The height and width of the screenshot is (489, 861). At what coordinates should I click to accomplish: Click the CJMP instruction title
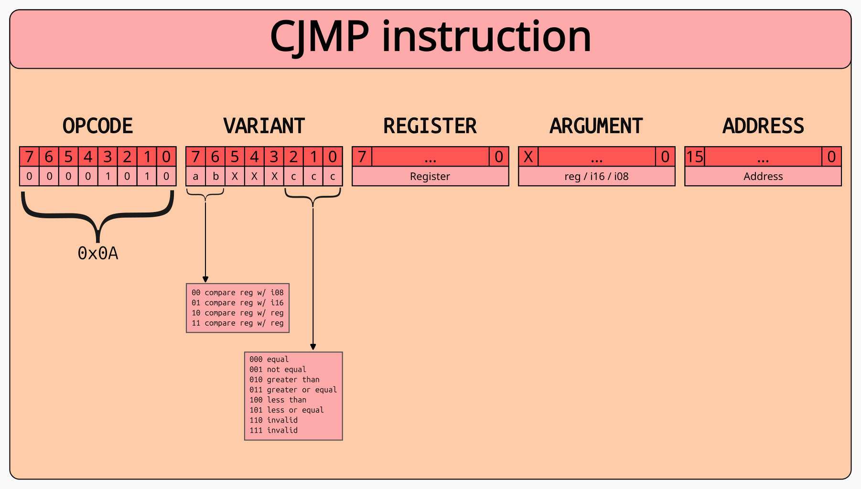(430, 37)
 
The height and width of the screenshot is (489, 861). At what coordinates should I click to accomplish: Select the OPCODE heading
(97, 126)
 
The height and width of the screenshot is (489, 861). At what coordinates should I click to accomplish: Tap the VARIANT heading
(264, 126)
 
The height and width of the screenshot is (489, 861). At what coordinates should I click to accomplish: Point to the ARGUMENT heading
(596, 126)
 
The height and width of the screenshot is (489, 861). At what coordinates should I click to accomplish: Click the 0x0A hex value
(97, 254)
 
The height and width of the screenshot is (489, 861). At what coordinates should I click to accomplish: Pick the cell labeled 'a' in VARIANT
(195, 176)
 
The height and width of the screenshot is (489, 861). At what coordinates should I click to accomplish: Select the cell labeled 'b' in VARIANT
(215, 176)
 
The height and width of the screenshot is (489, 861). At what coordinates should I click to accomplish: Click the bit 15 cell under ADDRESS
(695, 157)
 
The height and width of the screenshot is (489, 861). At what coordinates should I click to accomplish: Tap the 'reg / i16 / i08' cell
(596, 176)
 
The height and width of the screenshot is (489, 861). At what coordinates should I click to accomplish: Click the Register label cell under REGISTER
(430, 176)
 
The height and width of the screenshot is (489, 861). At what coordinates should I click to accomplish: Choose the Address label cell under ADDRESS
(763, 176)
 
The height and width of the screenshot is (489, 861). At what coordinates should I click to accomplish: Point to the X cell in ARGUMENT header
(528, 157)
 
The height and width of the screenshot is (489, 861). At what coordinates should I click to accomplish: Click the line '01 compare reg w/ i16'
(237, 303)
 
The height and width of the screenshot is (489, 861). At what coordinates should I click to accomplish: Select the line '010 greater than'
(284, 380)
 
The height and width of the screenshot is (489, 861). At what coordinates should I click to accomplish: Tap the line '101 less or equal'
(286, 410)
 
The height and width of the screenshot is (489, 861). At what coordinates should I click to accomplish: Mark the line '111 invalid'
(273, 430)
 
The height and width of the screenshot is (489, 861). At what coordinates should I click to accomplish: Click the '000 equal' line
(269, 359)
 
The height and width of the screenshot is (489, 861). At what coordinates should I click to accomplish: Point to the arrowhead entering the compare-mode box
(205, 280)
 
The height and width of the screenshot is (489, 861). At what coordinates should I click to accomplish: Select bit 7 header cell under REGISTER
(362, 157)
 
